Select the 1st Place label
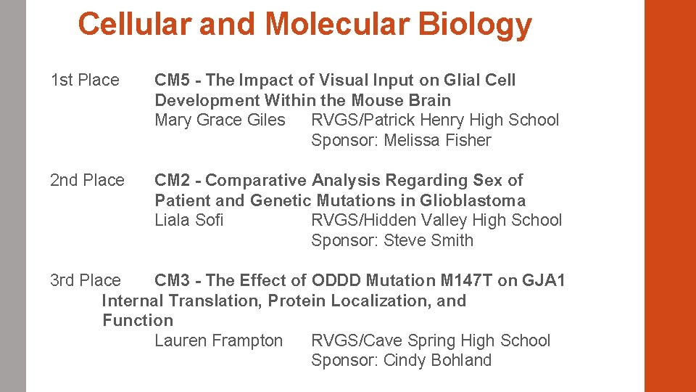(85, 80)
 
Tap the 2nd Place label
(87, 180)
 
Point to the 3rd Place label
(85, 280)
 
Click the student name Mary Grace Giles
(220, 120)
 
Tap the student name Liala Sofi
(188, 220)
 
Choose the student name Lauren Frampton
(218, 340)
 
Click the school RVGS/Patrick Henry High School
(435, 120)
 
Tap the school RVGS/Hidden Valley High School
(436, 220)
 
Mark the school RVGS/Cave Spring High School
(431, 340)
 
